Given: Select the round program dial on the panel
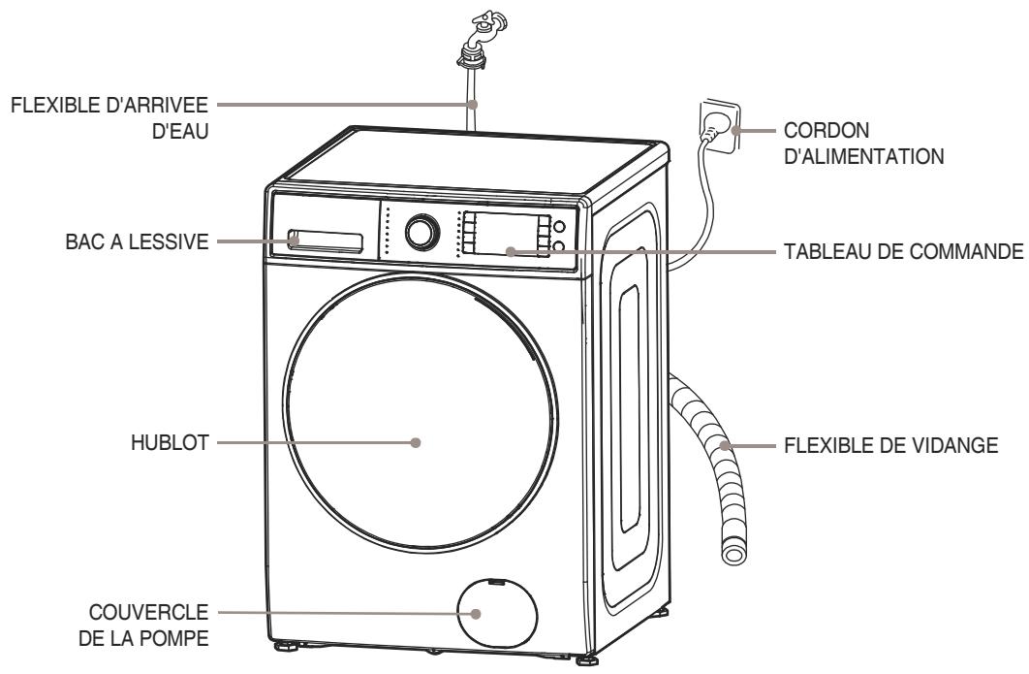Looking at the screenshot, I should [x=421, y=231].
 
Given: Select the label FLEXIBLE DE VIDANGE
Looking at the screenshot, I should [x=876, y=447].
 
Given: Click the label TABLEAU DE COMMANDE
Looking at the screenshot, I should [x=901, y=251].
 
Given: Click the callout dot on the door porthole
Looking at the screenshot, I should [x=416, y=442].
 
